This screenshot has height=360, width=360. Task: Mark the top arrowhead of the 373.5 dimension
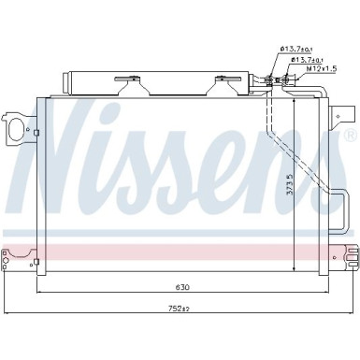(x=295, y=99)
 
